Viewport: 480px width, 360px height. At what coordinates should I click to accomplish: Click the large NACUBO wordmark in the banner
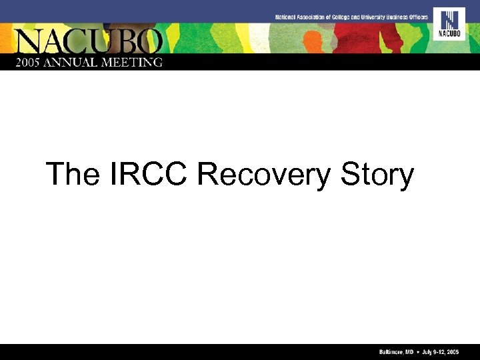coord(89,41)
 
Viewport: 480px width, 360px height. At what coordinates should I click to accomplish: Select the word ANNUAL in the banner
coord(78,62)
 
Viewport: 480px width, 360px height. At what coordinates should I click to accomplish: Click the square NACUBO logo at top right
coord(449,24)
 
